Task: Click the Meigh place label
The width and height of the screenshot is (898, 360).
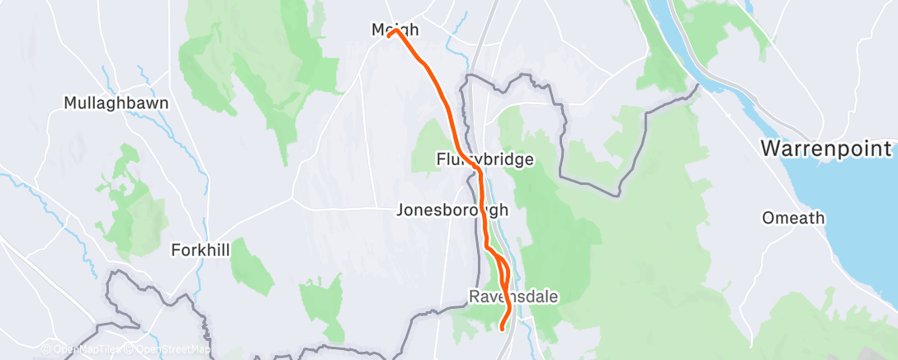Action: coord(395,31)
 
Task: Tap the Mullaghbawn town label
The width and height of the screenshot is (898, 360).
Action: coord(116,104)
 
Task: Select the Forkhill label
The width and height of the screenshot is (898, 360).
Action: coord(200,249)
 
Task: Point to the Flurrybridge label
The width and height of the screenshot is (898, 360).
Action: coord(485,159)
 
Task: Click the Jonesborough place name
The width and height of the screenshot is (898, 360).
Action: coord(451,210)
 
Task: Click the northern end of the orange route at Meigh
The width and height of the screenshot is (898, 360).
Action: coord(390,34)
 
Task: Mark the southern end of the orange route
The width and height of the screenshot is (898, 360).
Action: coord(503,329)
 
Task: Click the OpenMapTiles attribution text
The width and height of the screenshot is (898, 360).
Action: coord(87,350)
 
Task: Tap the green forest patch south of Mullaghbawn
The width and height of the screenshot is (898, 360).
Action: coord(125,198)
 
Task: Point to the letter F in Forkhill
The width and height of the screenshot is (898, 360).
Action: coord(176,249)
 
